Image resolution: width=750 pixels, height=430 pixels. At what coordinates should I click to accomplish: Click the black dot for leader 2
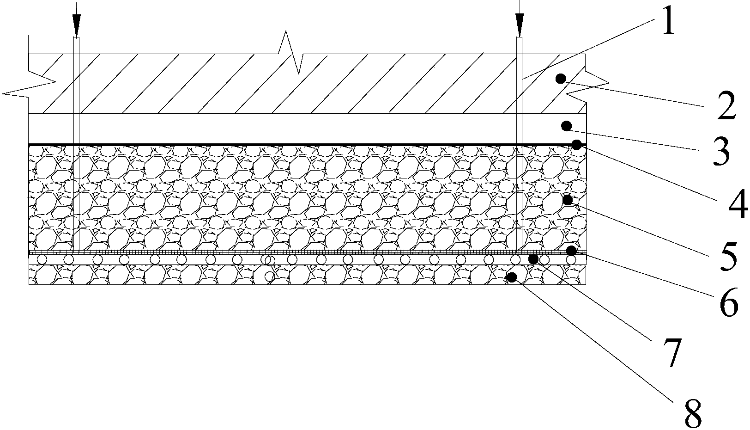561,79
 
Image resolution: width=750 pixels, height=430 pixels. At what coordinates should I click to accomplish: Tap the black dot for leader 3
566,126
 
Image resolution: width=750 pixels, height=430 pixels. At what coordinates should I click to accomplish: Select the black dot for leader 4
576,145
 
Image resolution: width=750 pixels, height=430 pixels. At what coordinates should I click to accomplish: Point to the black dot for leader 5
568,200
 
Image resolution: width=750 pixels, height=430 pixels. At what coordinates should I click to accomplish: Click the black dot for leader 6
571,250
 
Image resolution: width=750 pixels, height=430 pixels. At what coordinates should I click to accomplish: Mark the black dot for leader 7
533,259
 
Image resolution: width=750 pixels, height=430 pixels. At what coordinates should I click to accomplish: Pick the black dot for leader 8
512,277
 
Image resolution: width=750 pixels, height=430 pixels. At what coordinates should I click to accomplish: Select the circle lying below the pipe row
270,276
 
